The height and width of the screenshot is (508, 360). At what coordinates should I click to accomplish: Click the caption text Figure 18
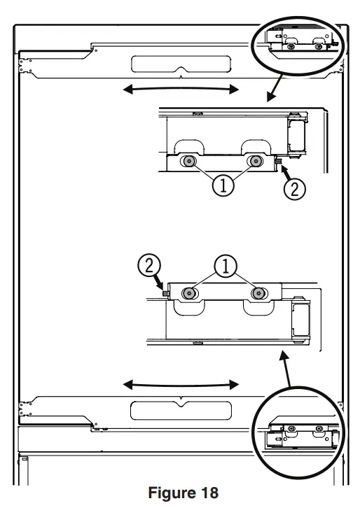[x=183, y=493]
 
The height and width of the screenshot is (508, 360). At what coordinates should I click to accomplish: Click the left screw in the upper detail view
[x=188, y=162]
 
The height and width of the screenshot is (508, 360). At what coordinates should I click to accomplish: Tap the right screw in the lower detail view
[x=259, y=292]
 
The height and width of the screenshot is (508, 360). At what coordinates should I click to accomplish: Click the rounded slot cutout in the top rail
[x=181, y=64]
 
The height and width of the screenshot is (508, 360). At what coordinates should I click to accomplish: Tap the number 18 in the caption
[x=207, y=493]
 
